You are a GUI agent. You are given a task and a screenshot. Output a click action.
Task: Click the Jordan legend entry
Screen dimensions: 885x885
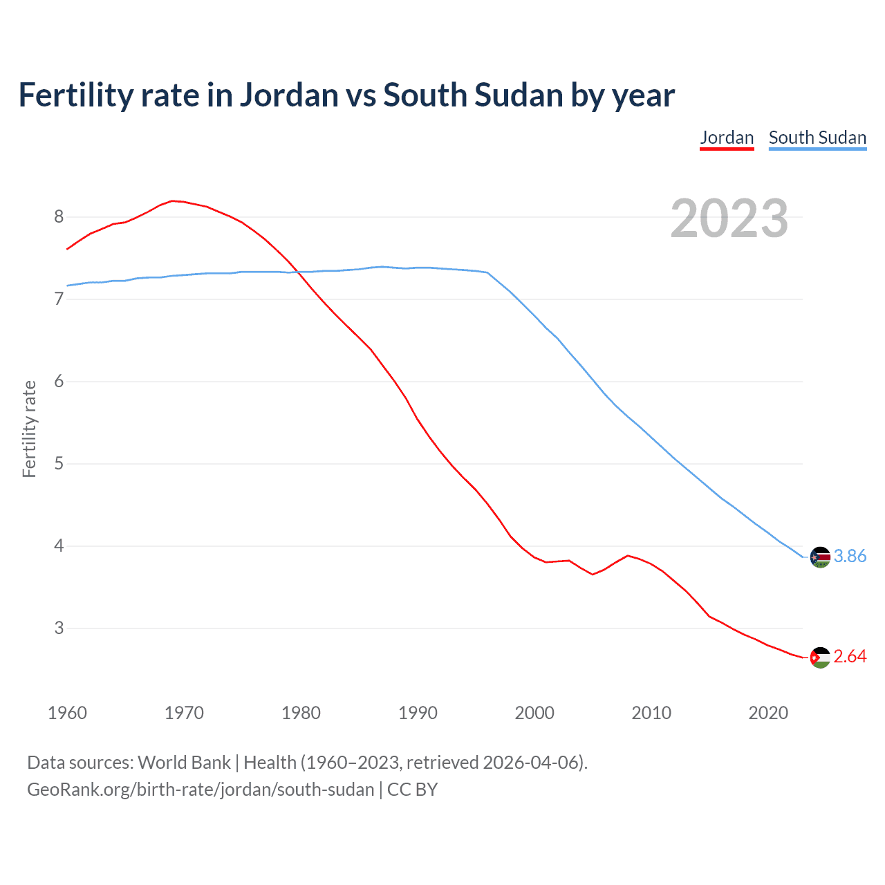[x=727, y=138]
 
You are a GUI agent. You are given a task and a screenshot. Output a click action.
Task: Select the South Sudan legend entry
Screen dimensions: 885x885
[x=817, y=138]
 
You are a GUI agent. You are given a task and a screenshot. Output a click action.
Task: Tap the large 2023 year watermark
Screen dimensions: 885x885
[x=729, y=218]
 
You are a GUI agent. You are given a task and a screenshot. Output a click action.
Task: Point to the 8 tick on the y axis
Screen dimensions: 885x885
[x=59, y=217]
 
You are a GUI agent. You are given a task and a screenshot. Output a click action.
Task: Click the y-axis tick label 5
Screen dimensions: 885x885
[x=59, y=463]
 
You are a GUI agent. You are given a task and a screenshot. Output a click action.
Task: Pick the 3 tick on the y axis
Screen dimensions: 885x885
[x=59, y=628]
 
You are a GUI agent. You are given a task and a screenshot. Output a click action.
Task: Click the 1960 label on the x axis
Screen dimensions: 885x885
[x=67, y=713]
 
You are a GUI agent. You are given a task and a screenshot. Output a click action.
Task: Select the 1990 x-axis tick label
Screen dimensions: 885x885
[x=418, y=713]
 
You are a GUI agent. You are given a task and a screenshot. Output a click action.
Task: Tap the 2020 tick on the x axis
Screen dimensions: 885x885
[x=768, y=713]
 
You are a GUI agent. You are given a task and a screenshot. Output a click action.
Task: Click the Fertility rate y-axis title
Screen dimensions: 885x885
[x=29, y=429]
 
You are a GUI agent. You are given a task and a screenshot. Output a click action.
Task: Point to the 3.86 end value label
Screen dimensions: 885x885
[x=850, y=556]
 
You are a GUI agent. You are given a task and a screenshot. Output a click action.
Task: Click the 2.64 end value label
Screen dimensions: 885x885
[x=850, y=656]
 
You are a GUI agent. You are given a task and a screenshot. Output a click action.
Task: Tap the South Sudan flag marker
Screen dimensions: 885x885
[x=820, y=557]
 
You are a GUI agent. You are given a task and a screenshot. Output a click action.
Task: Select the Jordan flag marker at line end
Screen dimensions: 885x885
[x=820, y=658]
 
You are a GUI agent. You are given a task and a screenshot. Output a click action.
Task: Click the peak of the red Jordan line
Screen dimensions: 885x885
[x=173, y=201]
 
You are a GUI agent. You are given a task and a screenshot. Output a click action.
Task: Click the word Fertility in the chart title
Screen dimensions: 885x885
[x=75, y=95]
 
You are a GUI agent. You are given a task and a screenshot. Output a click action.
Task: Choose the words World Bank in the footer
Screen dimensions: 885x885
[x=184, y=762]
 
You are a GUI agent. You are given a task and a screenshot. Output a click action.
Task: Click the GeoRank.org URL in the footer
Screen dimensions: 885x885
[x=201, y=790]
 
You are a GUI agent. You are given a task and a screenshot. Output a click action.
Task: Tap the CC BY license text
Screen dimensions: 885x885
[x=413, y=790]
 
